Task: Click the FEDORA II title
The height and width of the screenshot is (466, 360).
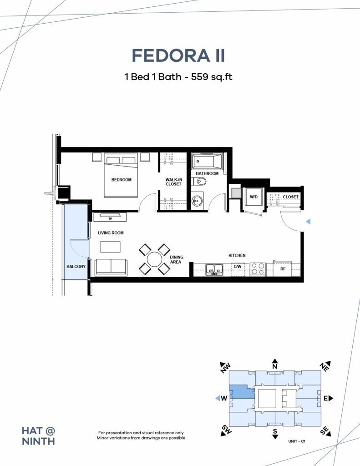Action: click(178, 56)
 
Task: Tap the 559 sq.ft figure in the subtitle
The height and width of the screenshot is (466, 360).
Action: click(211, 77)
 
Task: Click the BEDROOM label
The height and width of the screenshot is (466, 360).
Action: click(121, 180)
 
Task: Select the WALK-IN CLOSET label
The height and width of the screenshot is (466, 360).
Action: click(173, 182)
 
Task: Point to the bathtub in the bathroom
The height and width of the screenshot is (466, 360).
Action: click(207, 161)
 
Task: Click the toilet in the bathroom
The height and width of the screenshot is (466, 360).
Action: click(198, 181)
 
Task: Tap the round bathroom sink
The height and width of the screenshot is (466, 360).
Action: click(196, 201)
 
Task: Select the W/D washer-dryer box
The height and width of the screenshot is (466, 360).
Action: click(254, 197)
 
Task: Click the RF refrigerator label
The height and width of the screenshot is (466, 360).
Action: click(283, 268)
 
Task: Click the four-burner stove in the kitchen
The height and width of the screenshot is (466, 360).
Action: click(258, 269)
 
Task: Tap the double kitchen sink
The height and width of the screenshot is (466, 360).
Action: click(214, 269)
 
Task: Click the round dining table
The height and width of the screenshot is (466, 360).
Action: click(155, 259)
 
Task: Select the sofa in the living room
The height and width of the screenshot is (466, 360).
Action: click(111, 268)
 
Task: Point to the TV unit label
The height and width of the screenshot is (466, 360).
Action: click(110, 219)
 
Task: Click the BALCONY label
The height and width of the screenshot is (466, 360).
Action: click(76, 267)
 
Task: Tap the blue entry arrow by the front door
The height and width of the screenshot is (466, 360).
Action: click(308, 222)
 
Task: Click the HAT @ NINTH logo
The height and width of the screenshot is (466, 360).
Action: click(39, 436)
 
